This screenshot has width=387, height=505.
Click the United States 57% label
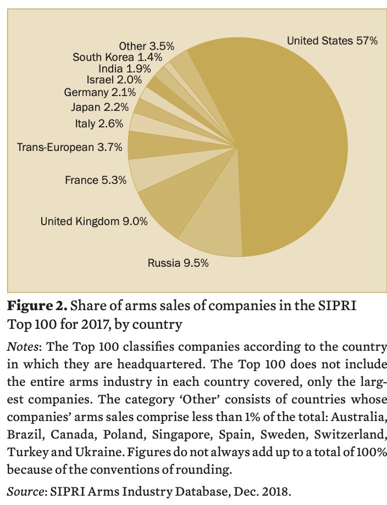point(332,41)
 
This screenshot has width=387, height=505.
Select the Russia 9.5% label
point(178,263)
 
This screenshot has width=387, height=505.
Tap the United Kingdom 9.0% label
point(94,221)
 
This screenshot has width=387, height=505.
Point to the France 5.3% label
point(96,179)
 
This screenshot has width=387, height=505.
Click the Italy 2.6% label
point(98,124)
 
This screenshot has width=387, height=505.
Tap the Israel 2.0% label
point(114,80)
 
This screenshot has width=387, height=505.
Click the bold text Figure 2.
point(36,305)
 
